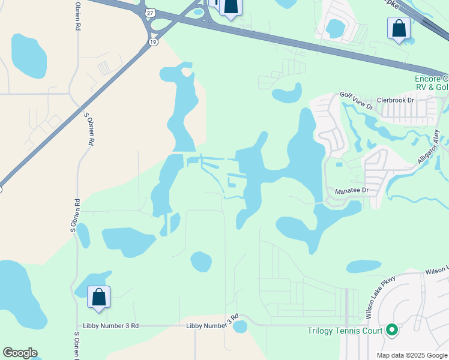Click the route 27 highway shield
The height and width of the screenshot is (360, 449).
tap(149, 12)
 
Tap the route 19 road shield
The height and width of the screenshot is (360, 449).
tap(154, 41)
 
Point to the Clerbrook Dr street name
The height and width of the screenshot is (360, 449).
tap(396, 100)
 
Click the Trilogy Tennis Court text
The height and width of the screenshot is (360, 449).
tap(345, 331)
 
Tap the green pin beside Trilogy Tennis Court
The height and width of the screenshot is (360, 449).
tap(392, 329)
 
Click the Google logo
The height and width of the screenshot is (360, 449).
tap(20, 353)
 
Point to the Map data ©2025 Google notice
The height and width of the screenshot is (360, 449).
tap(412, 355)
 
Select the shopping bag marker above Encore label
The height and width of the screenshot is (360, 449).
tap(399, 29)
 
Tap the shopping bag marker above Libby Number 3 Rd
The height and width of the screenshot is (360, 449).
tap(98, 297)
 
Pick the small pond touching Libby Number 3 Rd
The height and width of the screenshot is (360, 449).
tap(240, 326)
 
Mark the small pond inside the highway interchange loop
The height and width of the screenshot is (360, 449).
tap(198, 10)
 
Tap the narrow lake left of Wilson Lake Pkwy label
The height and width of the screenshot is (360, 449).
tap(364, 266)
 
